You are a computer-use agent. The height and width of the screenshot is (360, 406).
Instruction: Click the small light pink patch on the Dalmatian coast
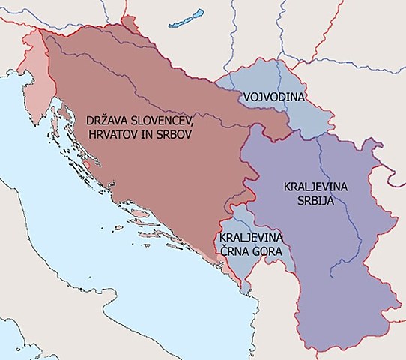(91, 160)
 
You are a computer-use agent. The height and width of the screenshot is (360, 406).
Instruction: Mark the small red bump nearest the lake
(136, 26)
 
